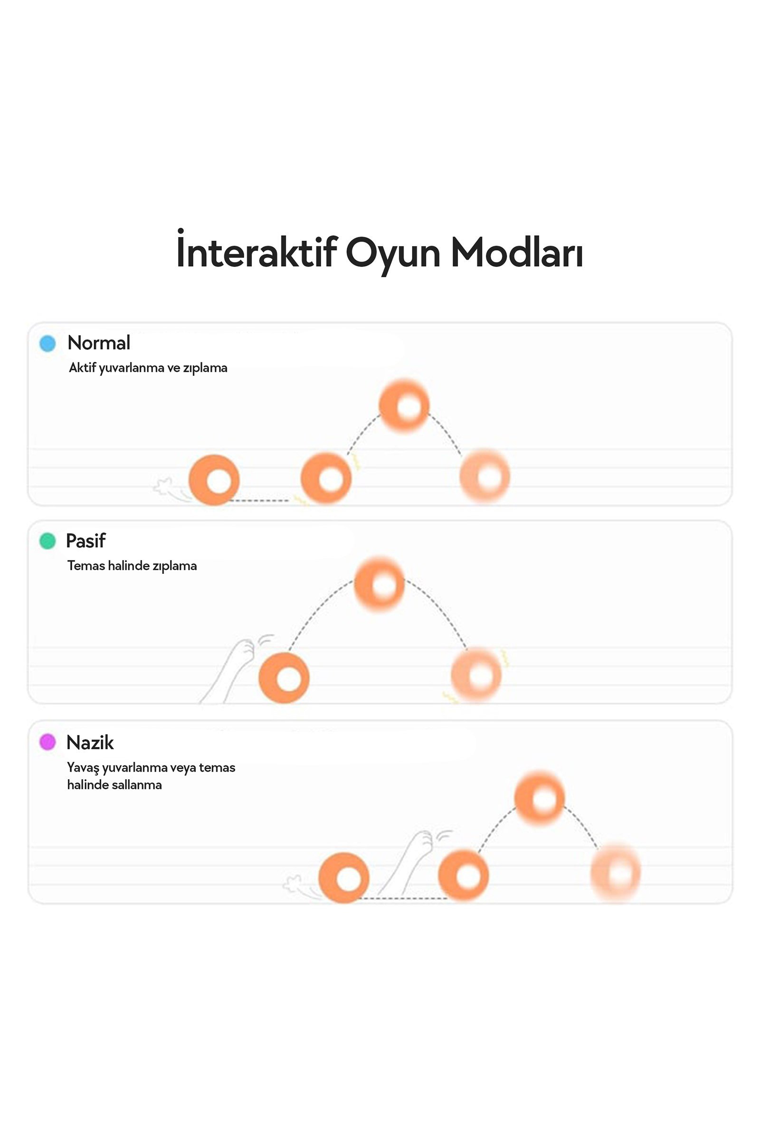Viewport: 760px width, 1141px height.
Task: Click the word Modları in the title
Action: [x=517, y=253]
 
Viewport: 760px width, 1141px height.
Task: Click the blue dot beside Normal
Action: [x=47, y=343]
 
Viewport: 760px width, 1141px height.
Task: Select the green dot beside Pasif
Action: [x=47, y=541]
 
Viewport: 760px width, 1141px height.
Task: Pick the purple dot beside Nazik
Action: [x=47, y=742]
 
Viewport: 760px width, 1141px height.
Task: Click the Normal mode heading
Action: [x=99, y=343]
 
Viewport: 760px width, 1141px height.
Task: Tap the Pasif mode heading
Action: [x=86, y=541]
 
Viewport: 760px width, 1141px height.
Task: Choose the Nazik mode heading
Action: [x=90, y=742]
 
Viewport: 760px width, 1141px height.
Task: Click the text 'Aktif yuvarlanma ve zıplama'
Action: [x=148, y=367]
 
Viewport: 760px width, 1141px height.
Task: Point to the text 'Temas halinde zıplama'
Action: [x=132, y=566]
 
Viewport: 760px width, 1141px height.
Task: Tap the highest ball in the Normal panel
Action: [x=404, y=406]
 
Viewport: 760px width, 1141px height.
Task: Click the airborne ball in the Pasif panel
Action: [x=380, y=584]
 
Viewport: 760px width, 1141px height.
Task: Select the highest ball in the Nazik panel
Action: [x=540, y=798]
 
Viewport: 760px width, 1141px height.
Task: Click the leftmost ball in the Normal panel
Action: [x=214, y=480]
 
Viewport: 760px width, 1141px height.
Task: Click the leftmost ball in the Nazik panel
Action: [x=343, y=878]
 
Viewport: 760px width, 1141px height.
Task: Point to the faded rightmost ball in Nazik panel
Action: [x=616, y=874]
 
